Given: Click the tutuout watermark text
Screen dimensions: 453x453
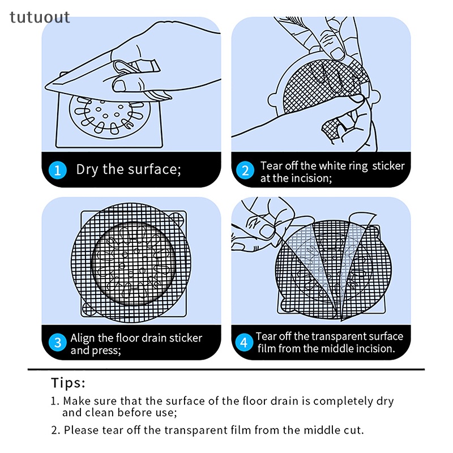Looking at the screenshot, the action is coord(40,18).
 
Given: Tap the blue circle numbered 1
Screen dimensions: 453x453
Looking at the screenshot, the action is coord(58,170).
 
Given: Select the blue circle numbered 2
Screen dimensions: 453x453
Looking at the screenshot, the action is coord(245,170).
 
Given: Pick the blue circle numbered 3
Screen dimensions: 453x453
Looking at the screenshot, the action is coord(58,343).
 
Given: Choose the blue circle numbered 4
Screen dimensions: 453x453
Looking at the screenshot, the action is coord(245,343).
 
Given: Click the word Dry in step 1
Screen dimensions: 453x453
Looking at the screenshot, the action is coord(87,169).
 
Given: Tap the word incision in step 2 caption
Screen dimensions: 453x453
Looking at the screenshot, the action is coord(317,178).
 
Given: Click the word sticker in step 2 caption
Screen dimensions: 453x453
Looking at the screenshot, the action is coord(388,166).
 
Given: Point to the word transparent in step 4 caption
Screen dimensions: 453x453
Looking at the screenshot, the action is coord(336,336).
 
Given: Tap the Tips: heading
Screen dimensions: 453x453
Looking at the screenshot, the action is coord(68,383).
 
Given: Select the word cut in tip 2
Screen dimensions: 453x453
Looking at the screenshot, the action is coord(353,430).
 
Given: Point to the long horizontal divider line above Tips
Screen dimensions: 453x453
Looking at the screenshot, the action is coord(226,369).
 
